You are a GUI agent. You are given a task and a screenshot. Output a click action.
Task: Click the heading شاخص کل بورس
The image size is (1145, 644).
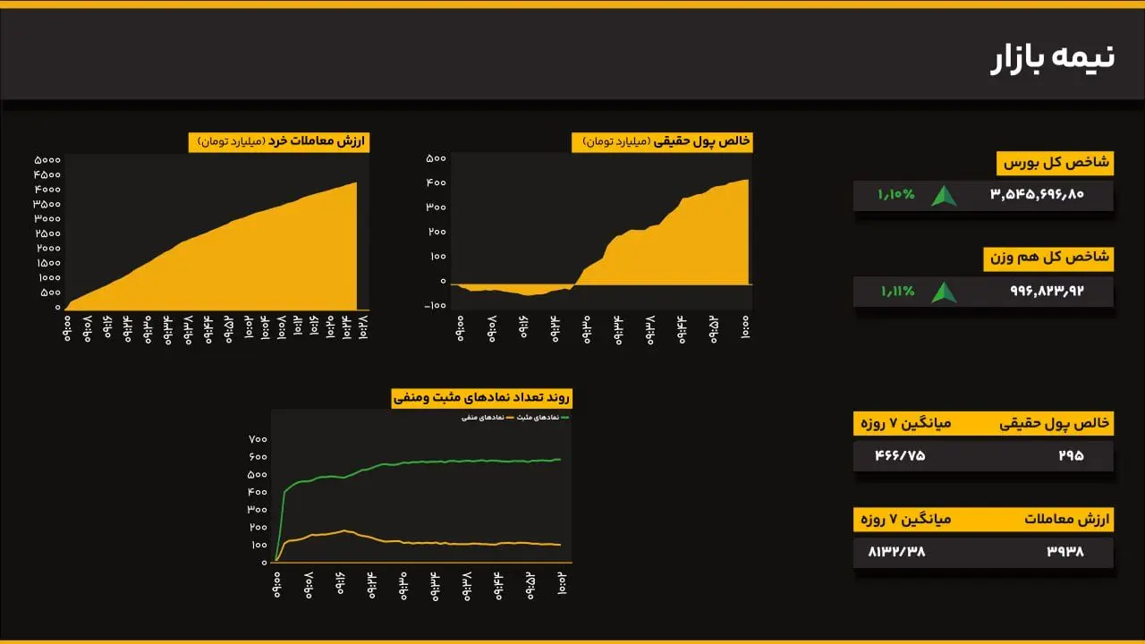point(1055,163)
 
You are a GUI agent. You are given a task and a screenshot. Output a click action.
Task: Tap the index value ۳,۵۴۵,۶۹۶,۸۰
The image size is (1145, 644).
point(1037,194)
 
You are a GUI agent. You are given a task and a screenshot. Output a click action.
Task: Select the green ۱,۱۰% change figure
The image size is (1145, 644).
point(895,194)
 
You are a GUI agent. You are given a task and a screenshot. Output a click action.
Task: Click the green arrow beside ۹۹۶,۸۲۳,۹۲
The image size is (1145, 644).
point(944,292)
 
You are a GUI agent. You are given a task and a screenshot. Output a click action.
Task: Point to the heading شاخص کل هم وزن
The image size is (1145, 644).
point(1047,258)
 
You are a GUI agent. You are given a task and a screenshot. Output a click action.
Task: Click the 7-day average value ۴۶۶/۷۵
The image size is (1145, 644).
point(900,456)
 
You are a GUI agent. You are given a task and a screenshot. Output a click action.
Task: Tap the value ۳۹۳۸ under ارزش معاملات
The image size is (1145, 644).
point(1065,552)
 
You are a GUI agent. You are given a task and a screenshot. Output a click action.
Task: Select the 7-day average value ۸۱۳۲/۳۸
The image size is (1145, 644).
point(896,552)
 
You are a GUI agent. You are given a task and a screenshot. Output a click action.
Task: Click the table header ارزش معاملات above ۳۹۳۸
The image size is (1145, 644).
point(1066,520)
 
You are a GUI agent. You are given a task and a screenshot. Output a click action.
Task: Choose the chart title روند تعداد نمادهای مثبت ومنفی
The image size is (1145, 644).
point(482,399)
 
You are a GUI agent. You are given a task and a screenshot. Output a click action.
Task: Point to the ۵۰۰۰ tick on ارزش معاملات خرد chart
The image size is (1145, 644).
point(47,160)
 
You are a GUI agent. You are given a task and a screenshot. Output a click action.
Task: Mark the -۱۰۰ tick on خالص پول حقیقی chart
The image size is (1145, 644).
point(436,306)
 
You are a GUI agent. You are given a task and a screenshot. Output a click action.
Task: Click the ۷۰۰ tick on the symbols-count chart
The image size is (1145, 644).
point(258,439)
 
